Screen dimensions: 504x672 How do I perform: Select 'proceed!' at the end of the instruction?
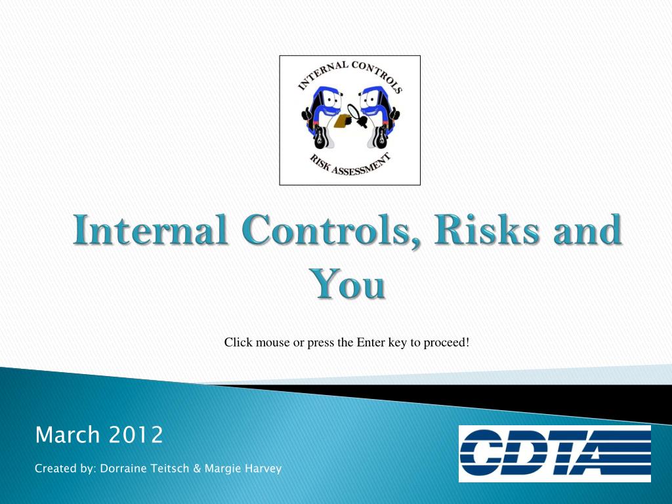coord(448,342)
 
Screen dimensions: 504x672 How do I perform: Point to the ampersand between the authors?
coord(197,469)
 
